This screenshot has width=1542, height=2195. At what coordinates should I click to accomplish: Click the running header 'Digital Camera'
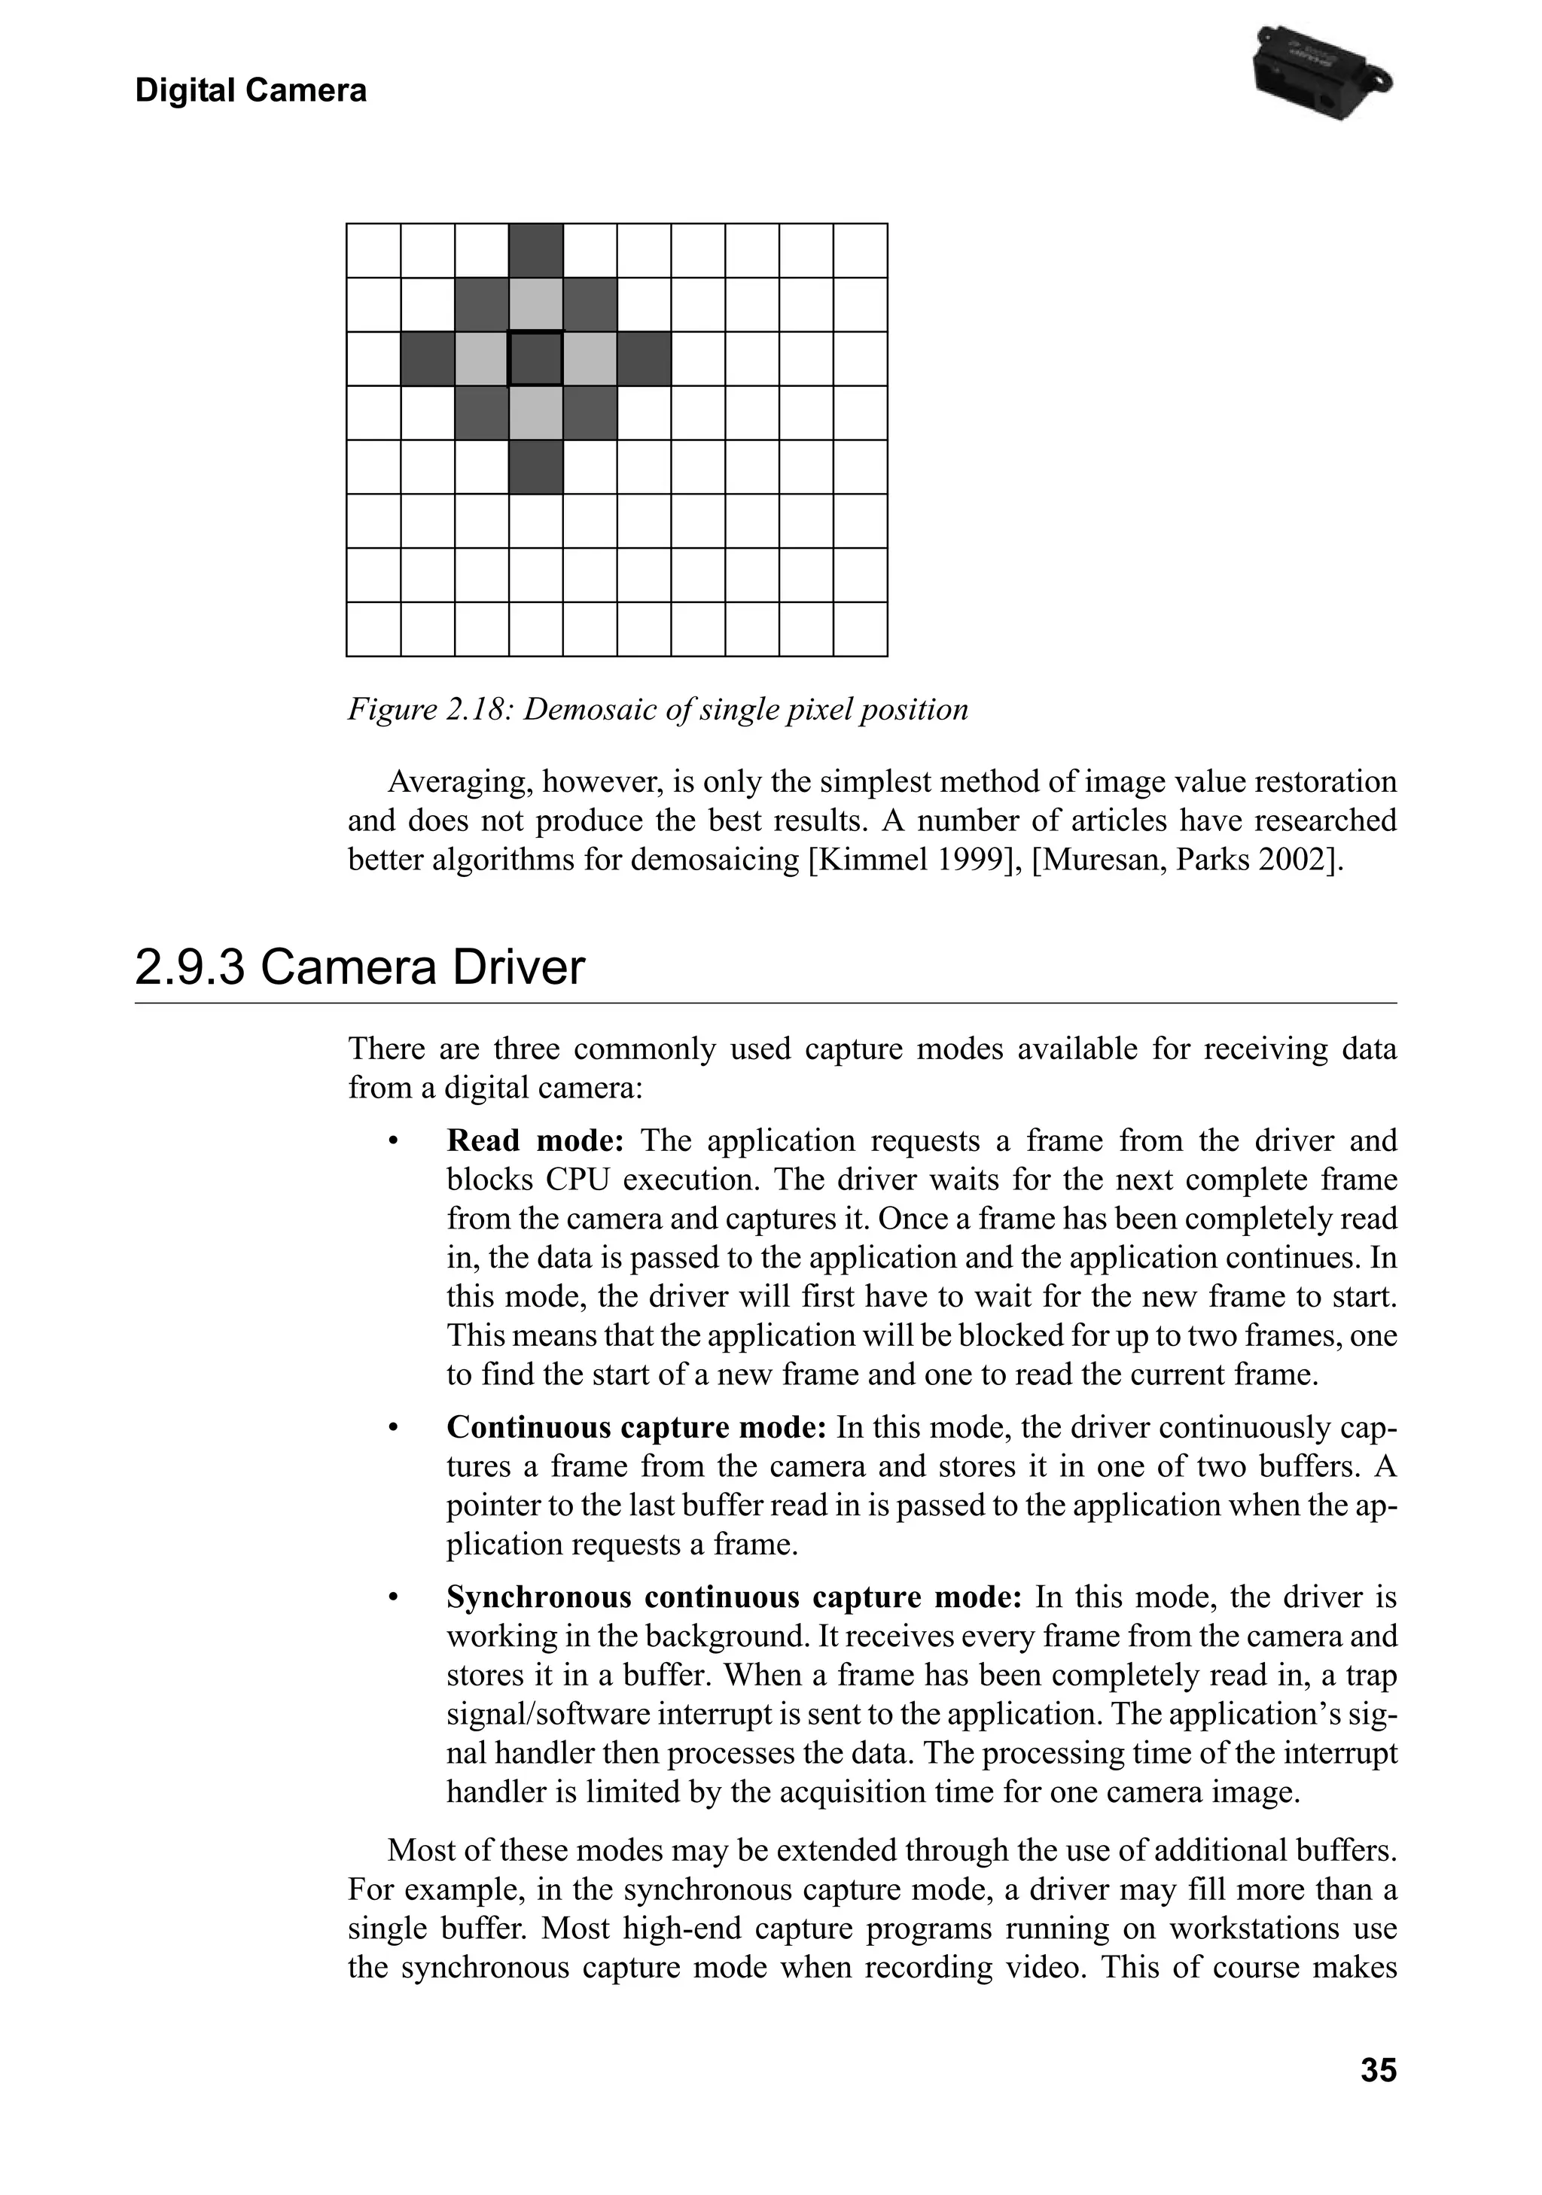(x=251, y=91)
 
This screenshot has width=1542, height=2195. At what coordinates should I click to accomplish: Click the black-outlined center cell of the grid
(x=535, y=358)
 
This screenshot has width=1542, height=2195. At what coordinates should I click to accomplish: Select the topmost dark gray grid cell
(x=535, y=251)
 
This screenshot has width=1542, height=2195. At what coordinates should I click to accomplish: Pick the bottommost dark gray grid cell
(x=535, y=467)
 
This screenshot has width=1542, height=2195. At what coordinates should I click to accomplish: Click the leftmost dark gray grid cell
(x=428, y=358)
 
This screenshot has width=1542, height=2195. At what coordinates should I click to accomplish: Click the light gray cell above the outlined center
(x=535, y=305)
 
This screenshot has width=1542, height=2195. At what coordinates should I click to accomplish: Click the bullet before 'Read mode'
(x=392, y=1141)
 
